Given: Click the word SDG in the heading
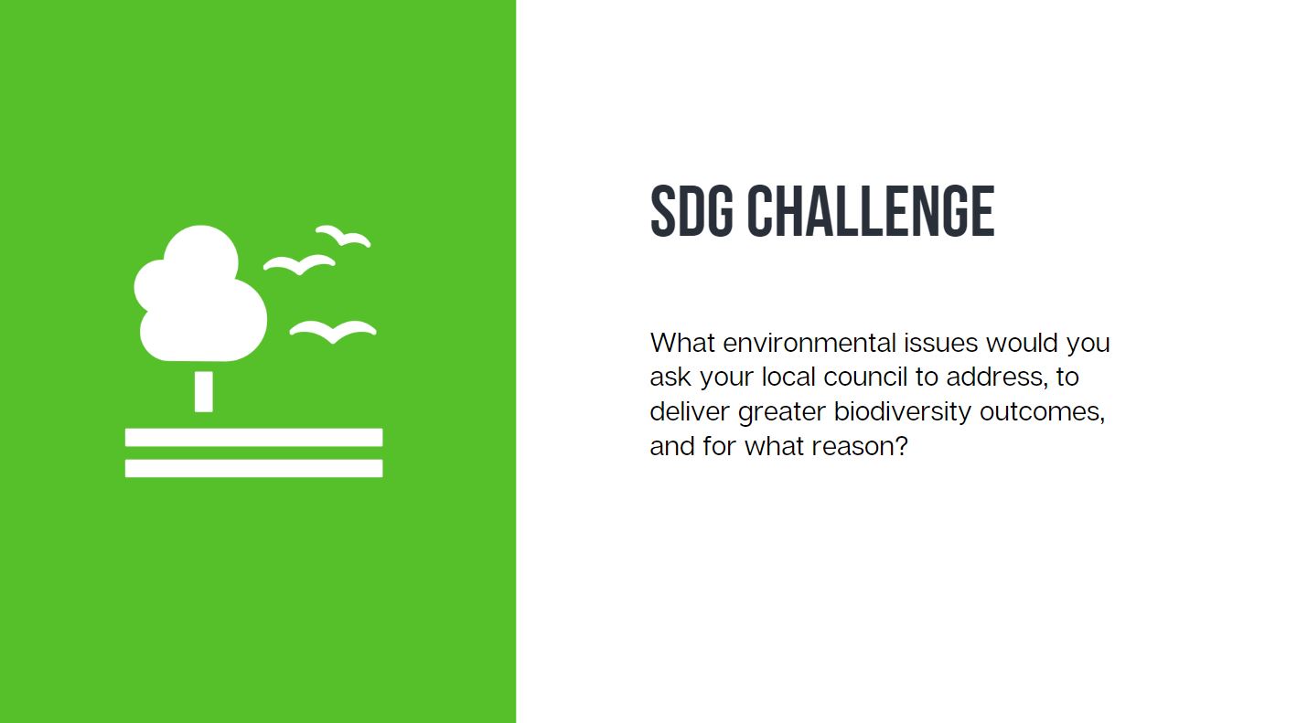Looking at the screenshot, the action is coord(691,211).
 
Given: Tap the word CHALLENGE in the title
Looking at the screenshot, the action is coord(871,211).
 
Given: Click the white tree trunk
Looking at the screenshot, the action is coord(204,391).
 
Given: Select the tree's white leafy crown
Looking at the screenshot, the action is coord(200,293).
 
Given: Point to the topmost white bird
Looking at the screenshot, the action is coord(343,236).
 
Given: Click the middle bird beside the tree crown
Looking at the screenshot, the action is coord(299,264).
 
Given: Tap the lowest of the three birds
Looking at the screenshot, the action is coord(333,332).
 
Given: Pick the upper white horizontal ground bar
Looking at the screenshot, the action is coord(253,437).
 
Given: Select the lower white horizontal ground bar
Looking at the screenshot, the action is coord(253,469).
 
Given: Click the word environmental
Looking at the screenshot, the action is coord(809,343).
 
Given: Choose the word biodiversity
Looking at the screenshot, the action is coord(903,412).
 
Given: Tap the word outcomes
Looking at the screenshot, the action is coord(1042,412).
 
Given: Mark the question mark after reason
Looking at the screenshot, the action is coord(900,446).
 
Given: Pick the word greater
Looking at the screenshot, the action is coord(782,413).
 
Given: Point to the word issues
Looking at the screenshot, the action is coord(941,343).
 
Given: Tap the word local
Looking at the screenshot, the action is coord(788,377).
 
